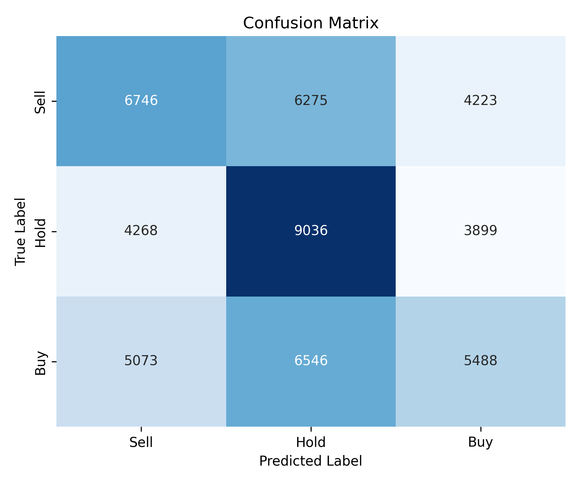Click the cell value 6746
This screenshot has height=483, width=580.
[x=141, y=101]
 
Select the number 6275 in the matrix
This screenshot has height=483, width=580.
[x=311, y=101]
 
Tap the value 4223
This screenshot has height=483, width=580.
[x=480, y=101]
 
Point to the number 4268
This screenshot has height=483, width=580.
[x=141, y=231]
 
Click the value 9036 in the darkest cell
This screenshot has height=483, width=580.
[x=311, y=231]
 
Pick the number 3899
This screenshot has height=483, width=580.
[x=480, y=231]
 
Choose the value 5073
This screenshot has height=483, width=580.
[x=141, y=361]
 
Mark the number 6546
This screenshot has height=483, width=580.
[x=311, y=361]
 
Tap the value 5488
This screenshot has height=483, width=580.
[x=480, y=361]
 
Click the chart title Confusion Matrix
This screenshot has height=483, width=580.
[x=311, y=23]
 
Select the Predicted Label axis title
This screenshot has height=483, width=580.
[x=311, y=461]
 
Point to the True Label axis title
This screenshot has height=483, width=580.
[x=21, y=232]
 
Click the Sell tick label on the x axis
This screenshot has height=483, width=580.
[x=141, y=442]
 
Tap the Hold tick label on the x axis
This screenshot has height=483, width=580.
[x=311, y=442]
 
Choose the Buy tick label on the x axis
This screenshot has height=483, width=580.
[x=480, y=442]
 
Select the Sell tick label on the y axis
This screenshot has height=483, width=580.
[x=41, y=102]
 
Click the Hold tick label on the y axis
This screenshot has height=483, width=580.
[x=41, y=233]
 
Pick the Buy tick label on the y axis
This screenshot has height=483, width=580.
[x=41, y=363]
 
